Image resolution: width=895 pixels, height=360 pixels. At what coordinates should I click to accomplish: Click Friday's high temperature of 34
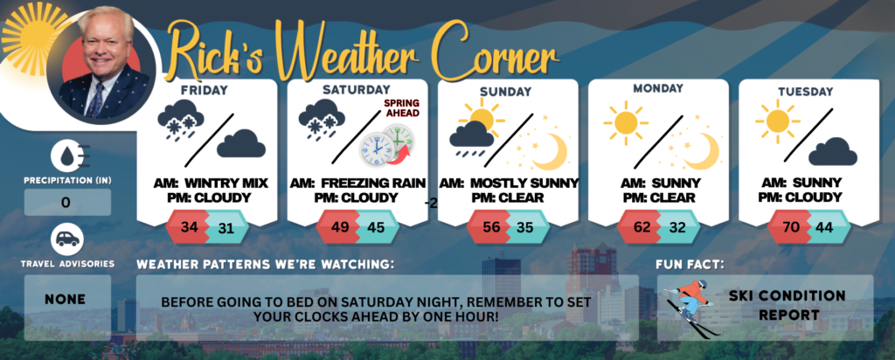[x=189, y=227]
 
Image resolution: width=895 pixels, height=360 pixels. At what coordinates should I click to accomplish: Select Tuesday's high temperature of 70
[x=791, y=227]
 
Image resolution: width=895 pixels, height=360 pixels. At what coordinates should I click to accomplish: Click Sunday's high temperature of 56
[x=490, y=227]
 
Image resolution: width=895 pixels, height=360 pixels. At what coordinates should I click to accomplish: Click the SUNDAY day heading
[x=506, y=91]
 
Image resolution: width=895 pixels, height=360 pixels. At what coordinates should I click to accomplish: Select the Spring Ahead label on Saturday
[x=401, y=107]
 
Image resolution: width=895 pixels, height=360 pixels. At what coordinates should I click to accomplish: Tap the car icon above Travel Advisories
[x=67, y=239]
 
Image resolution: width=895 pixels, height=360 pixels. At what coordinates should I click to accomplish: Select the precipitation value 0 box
[x=67, y=202]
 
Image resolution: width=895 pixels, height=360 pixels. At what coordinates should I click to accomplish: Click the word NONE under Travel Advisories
[x=66, y=299]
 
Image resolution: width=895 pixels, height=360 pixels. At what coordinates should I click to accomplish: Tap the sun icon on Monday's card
[x=626, y=121]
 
